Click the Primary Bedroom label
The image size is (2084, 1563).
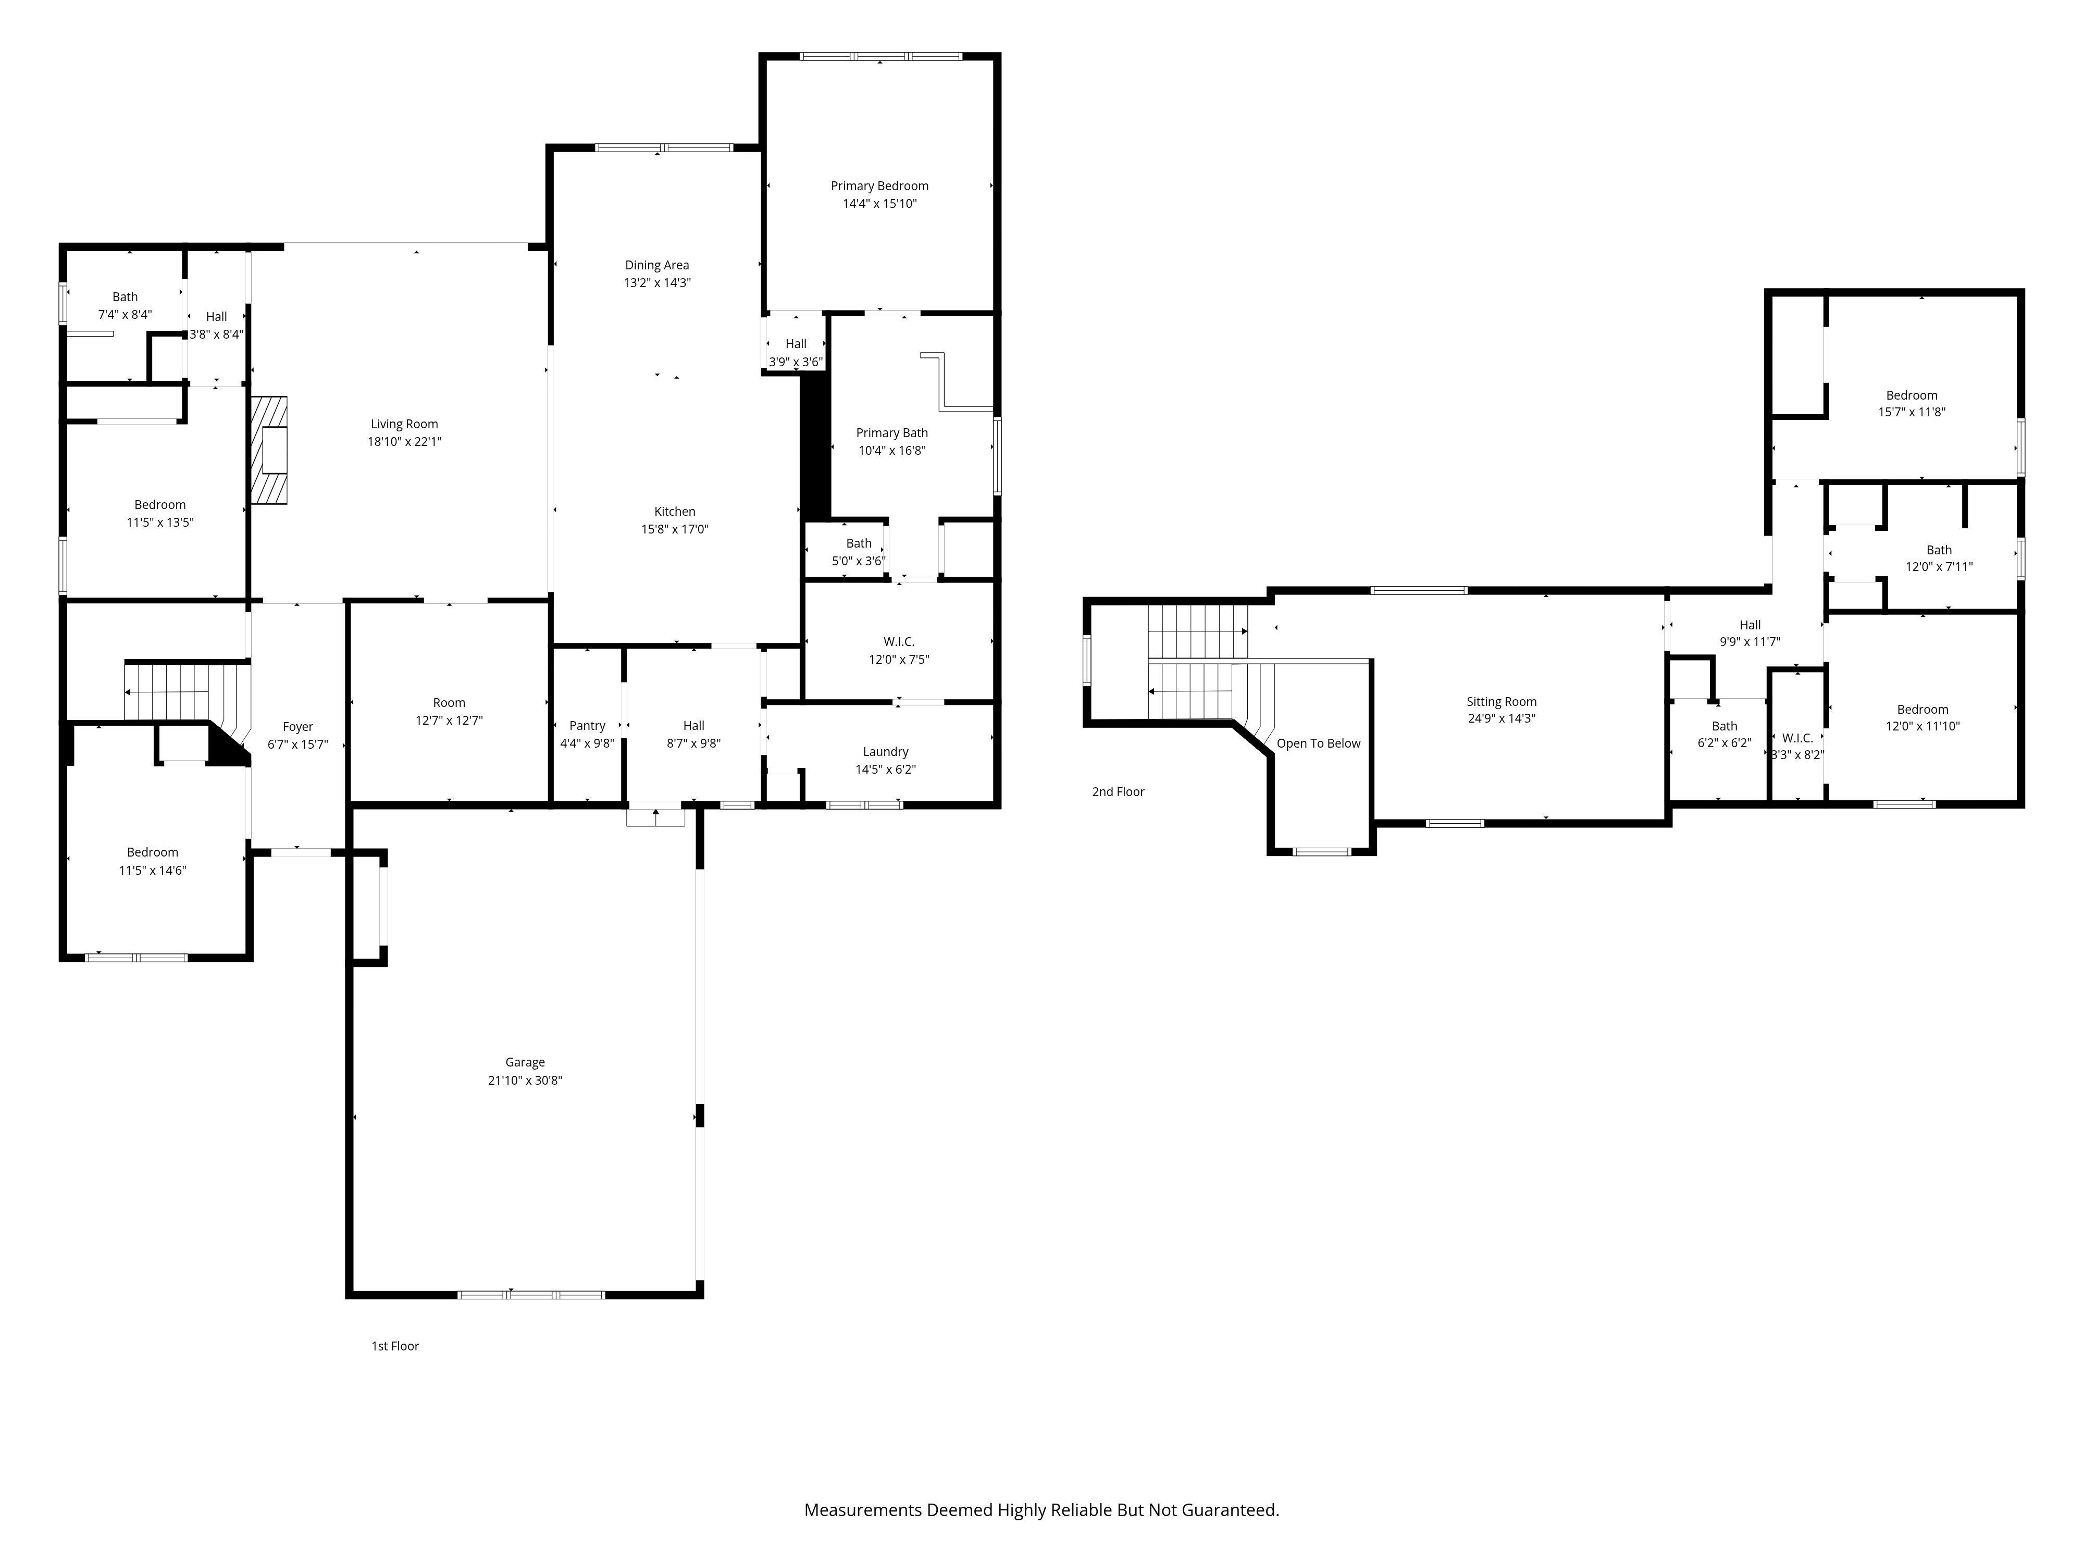point(879,185)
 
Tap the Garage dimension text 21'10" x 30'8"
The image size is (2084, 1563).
point(525,1081)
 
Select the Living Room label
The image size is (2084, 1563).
point(404,424)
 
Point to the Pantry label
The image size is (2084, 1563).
point(587,725)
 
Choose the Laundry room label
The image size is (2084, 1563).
point(886,752)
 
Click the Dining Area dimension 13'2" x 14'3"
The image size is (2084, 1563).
point(656,282)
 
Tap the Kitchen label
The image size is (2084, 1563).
point(675,512)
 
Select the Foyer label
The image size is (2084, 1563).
point(297,726)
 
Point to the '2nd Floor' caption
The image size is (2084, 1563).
point(1118,791)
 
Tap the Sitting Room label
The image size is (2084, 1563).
point(1501,702)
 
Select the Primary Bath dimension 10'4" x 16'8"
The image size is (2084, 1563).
point(891,450)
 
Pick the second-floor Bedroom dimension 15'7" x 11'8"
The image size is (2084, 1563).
point(1912,412)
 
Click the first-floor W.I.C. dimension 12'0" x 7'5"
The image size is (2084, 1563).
point(899,660)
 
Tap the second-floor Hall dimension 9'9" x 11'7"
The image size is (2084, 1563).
point(1750,641)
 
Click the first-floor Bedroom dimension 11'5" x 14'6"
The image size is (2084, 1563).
point(153,871)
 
